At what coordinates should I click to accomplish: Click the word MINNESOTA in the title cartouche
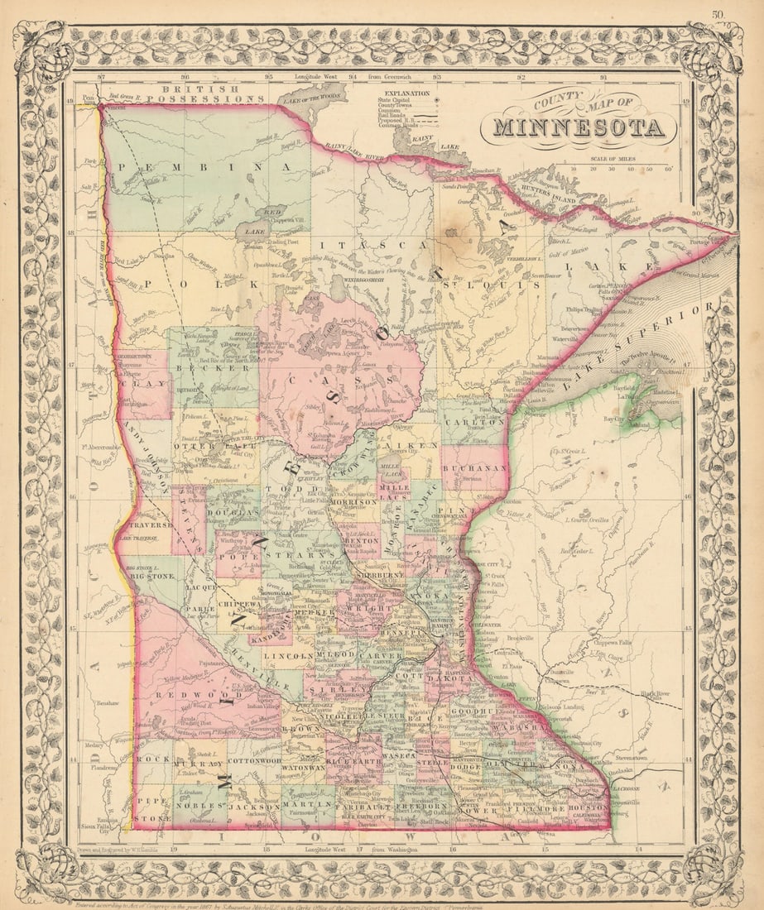(579, 128)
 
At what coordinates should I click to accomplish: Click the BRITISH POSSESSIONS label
(212, 93)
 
